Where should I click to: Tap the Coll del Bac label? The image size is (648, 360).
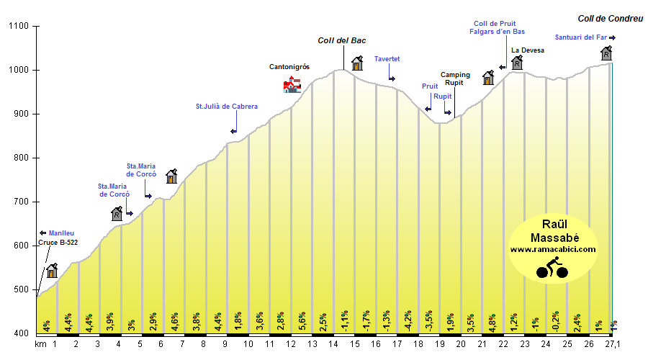pos(343,41)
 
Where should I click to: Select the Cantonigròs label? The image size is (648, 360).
pos(289,66)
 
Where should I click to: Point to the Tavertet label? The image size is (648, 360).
pos(387,59)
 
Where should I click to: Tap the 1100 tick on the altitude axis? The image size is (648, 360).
pos(17,27)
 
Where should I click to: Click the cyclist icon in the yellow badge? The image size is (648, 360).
pos(552,268)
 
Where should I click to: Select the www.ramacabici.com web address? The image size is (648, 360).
pos(553,249)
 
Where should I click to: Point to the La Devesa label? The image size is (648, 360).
pos(528,50)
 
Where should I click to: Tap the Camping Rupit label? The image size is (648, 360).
pos(455,78)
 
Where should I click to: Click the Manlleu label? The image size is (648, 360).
pos(61,233)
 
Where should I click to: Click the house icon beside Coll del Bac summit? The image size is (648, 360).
pos(356,63)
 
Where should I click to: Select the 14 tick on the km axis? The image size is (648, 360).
pos(333,344)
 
